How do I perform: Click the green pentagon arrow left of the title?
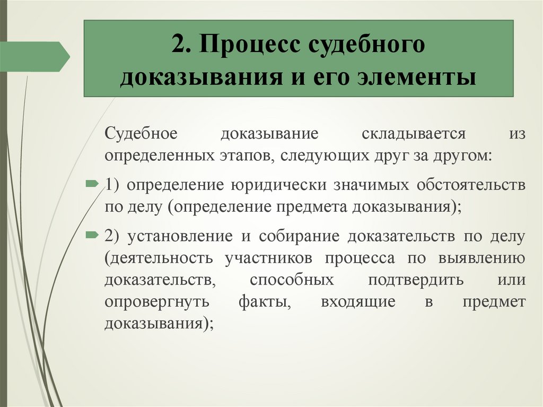[34, 56]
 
